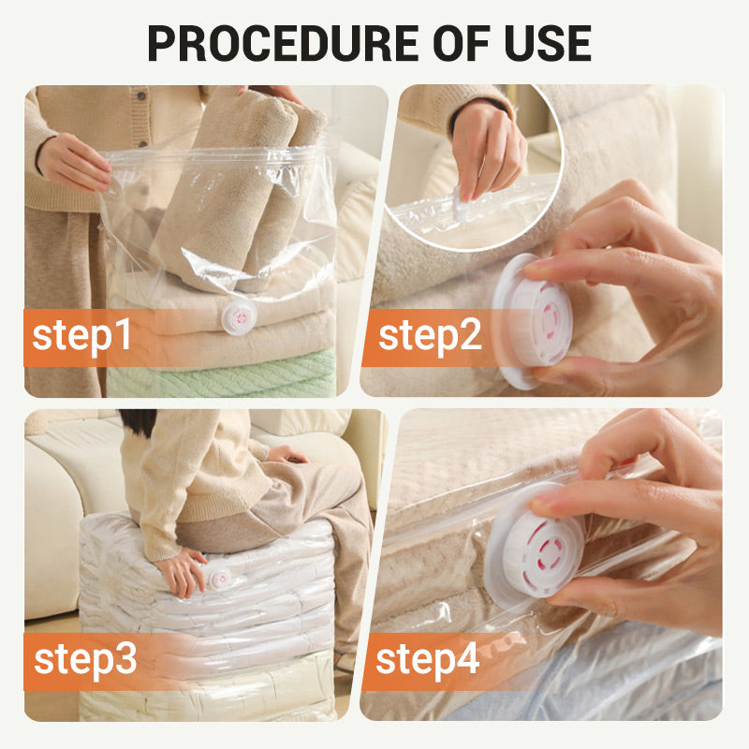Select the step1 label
[x=82, y=335]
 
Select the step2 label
[x=430, y=335]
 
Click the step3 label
[x=85, y=658]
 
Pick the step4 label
[x=428, y=658]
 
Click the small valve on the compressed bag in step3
[x=218, y=578]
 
